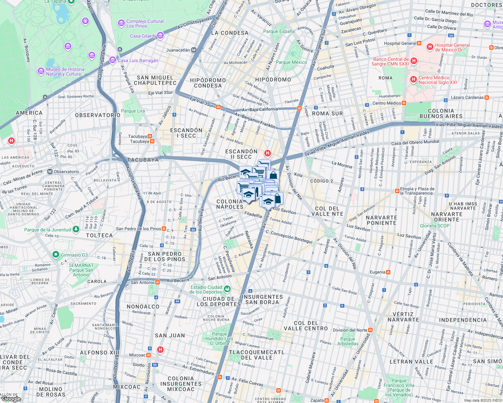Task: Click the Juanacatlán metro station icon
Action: point(194,50)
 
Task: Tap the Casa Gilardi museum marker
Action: point(160,36)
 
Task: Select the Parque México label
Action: point(291,62)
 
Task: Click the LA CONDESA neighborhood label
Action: point(230,33)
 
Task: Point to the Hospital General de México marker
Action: point(430,47)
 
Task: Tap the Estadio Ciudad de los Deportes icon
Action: point(228,289)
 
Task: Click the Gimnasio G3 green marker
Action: point(56,255)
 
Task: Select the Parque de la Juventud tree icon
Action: point(76,229)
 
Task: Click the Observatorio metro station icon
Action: point(50,172)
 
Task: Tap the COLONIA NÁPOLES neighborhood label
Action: point(230,204)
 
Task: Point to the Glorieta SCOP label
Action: point(434,226)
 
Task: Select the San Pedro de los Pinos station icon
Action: point(164,229)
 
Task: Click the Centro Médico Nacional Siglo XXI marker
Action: point(413,80)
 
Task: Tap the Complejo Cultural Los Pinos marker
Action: point(121,23)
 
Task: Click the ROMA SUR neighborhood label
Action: point(327,114)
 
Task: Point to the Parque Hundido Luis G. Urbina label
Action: point(219,339)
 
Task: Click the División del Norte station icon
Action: point(371,330)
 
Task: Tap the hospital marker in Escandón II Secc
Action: point(267,153)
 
